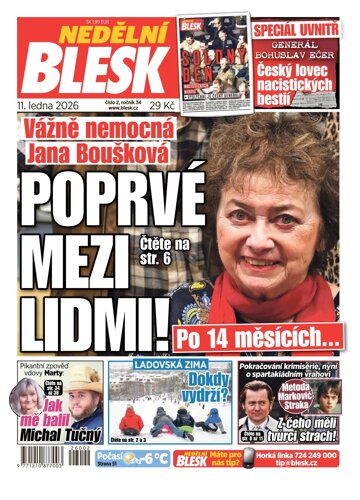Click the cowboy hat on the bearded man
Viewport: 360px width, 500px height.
point(81,381)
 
